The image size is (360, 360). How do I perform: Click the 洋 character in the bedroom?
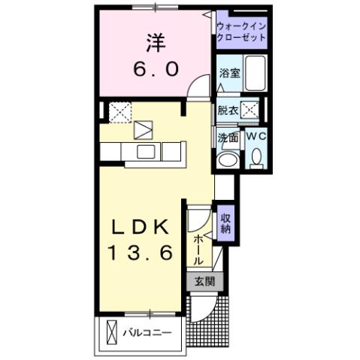tap(155, 44)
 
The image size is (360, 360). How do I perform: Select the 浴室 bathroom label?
tap(228, 74)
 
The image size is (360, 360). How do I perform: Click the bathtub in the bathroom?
tap(256, 74)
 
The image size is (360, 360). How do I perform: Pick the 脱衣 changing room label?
tap(228, 110)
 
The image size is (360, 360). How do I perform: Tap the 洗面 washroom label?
tap(228, 138)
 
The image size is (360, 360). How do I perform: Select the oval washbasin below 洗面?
tap(225, 160)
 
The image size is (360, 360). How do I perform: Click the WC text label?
tap(256, 137)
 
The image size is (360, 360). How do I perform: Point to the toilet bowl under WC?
tap(256, 157)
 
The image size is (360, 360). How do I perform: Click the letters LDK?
tap(142, 228)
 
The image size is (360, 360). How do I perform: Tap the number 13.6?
tap(142, 254)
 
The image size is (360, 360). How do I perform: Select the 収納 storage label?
tap(225, 223)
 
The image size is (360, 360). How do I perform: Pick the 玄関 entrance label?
tap(204, 283)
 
